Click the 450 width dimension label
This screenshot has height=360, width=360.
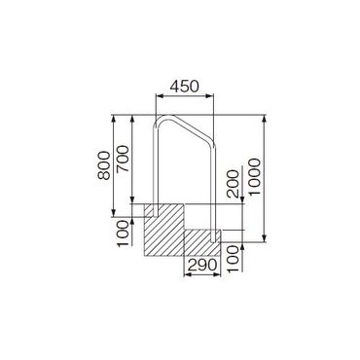coord(184,87)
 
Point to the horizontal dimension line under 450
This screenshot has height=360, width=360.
coord(185,97)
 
